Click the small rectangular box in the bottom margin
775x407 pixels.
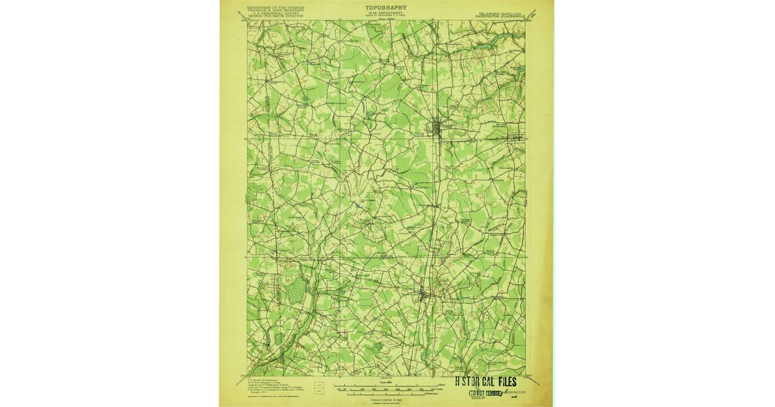pyautogui.click(x=318, y=388)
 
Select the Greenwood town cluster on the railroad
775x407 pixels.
pyautogui.click(x=423, y=296)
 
